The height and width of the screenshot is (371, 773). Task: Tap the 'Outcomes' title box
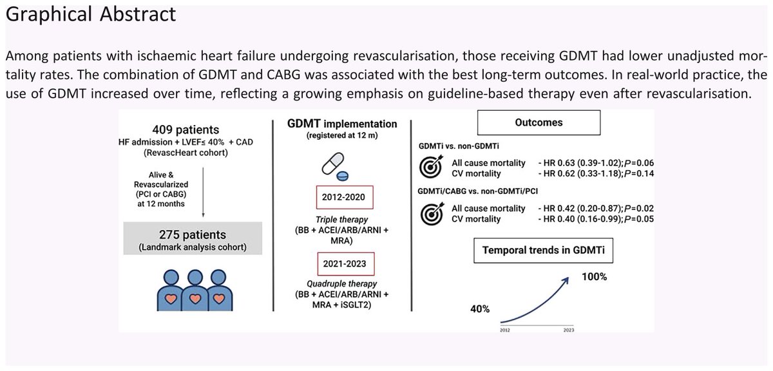(x=539, y=122)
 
